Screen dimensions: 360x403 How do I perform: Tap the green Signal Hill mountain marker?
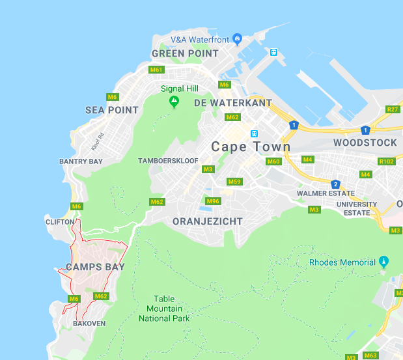(x=174, y=102)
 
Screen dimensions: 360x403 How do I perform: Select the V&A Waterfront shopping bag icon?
(x=237, y=39)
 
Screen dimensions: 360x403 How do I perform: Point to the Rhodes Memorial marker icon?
(x=384, y=262)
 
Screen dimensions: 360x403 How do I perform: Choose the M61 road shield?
(x=156, y=70)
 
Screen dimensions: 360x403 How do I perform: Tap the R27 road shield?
(x=392, y=109)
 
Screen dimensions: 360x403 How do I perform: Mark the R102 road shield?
(x=387, y=161)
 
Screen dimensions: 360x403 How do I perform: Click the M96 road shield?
(x=213, y=201)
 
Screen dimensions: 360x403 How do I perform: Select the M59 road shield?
(x=234, y=182)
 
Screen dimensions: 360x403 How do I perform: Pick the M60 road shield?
(x=273, y=161)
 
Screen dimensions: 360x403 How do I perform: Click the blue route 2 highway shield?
(x=335, y=184)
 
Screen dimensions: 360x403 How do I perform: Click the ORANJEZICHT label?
(x=207, y=221)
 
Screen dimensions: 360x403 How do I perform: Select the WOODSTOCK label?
(x=365, y=143)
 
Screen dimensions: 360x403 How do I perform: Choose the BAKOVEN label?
(x=89, y=324)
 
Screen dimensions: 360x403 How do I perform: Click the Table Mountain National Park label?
(x=164, y=309)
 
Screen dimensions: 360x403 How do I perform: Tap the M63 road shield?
(x=370, y=355)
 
